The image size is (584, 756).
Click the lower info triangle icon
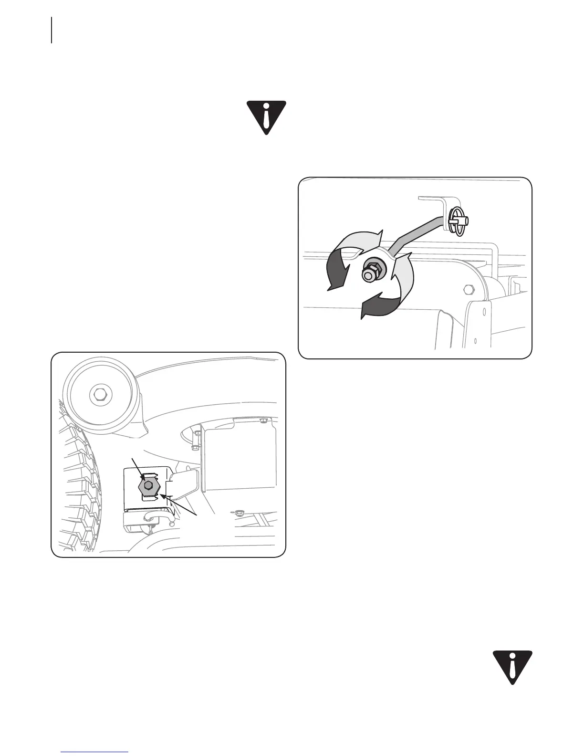[x=512, y=666]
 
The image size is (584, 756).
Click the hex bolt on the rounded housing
[x=468, y=289]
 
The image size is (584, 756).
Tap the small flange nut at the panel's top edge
[x=263, y=420]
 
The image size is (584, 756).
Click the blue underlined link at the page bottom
[x=95, y=752]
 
